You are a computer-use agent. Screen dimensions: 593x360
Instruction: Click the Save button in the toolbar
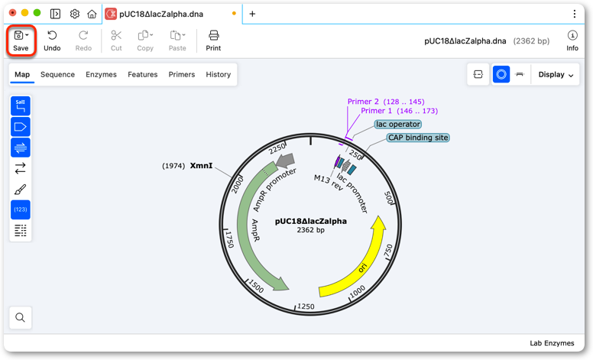[x=21, y=41]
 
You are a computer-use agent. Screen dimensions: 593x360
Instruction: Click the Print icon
[x=214, y=36]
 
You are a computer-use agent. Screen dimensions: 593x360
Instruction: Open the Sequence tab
[x=57, y=74]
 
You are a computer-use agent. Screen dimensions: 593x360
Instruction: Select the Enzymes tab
[x=101, y=74]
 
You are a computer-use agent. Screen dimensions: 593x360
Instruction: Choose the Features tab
[x=143, y=74]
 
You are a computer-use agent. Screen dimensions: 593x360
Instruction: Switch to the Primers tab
[x=182, y=74]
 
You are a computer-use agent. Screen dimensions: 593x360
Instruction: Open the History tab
[x=219, y=74]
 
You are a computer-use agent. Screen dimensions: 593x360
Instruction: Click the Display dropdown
[x=556, y=74]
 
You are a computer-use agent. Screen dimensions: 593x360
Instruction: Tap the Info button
[x=572, y=41]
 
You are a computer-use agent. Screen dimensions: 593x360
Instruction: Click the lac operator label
[x=398, y=124]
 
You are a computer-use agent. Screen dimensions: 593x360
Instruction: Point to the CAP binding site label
[x=418, y=138]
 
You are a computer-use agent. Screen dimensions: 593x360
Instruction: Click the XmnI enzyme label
[x=201, y=166]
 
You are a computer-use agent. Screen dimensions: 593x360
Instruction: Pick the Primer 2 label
[x=363, y=102]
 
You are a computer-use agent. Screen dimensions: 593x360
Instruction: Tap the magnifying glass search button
[x=21, y=317]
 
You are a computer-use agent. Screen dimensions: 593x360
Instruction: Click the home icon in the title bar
[x=92, y=14]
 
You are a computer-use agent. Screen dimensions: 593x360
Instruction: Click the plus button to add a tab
[x=252, y=14]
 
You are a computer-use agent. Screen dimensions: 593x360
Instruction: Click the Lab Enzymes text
[x=552, y=343]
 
